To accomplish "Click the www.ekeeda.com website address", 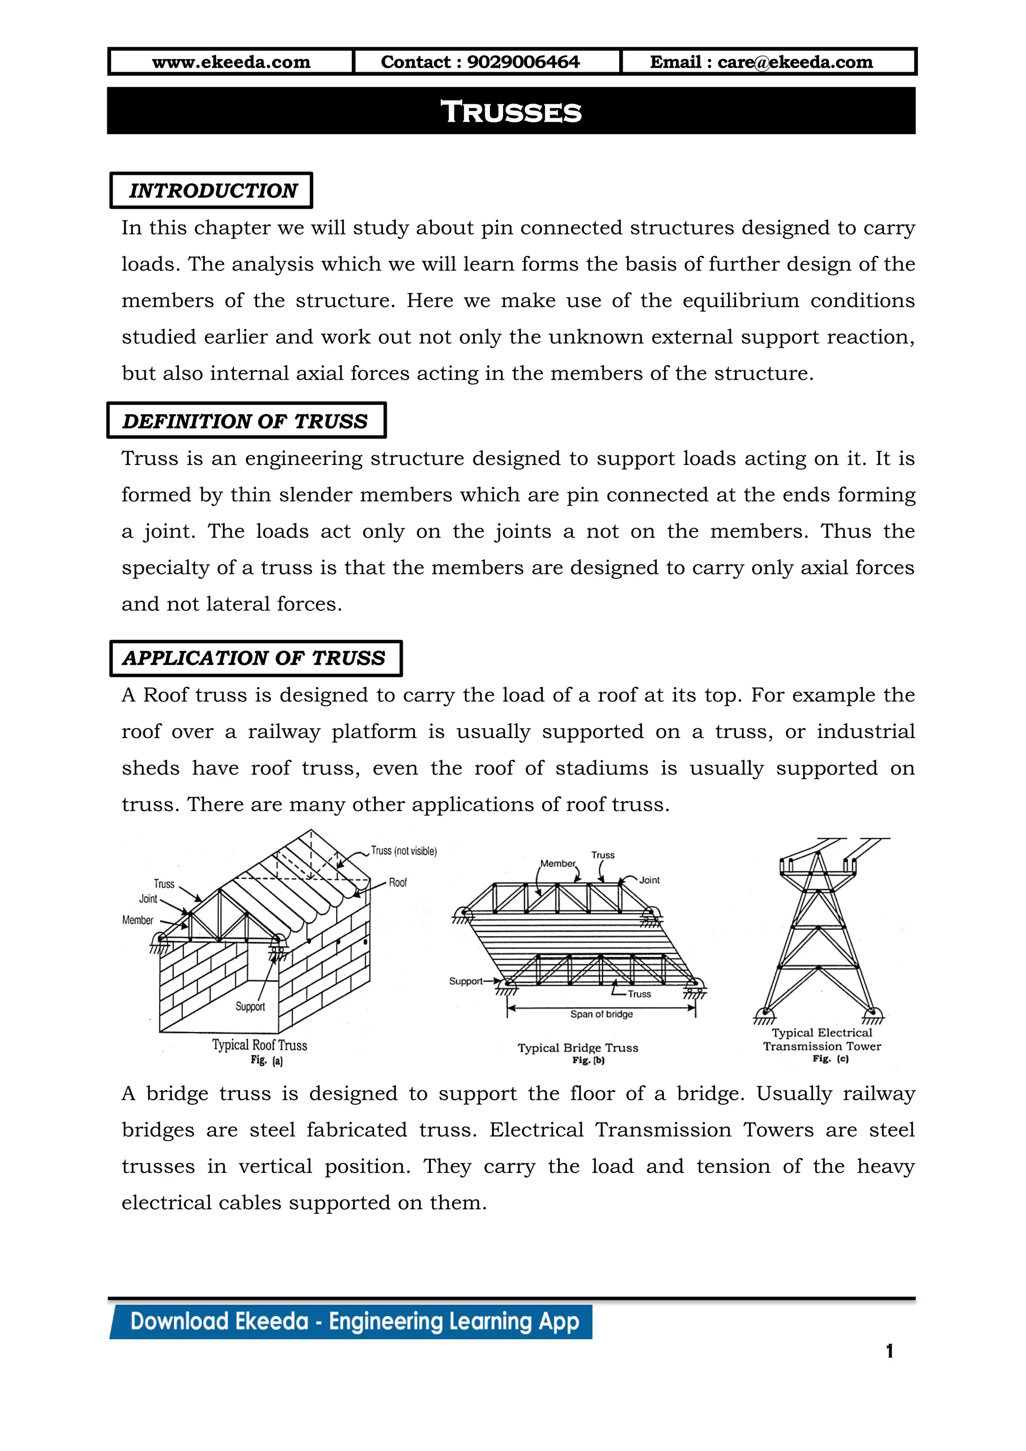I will (x=231, y=62).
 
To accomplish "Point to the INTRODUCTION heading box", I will (x=212, y=190).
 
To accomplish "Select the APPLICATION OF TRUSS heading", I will (x=254, y=658).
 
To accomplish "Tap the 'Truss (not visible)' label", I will (x=404, y=851).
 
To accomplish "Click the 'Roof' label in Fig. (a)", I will (x=397, y=882).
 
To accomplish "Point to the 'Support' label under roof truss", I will (x=250, y=1006).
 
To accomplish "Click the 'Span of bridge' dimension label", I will (x=602, y=1014).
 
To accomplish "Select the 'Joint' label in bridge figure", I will (x=649, y=880).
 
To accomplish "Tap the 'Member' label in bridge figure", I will (x=557, y=863).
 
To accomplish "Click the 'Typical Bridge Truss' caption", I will (x=578, y=1047).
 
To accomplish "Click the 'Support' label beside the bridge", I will (x=465, y=981).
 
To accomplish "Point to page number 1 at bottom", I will (x=890, y=1351).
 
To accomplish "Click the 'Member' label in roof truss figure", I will (x=138, y=920).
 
